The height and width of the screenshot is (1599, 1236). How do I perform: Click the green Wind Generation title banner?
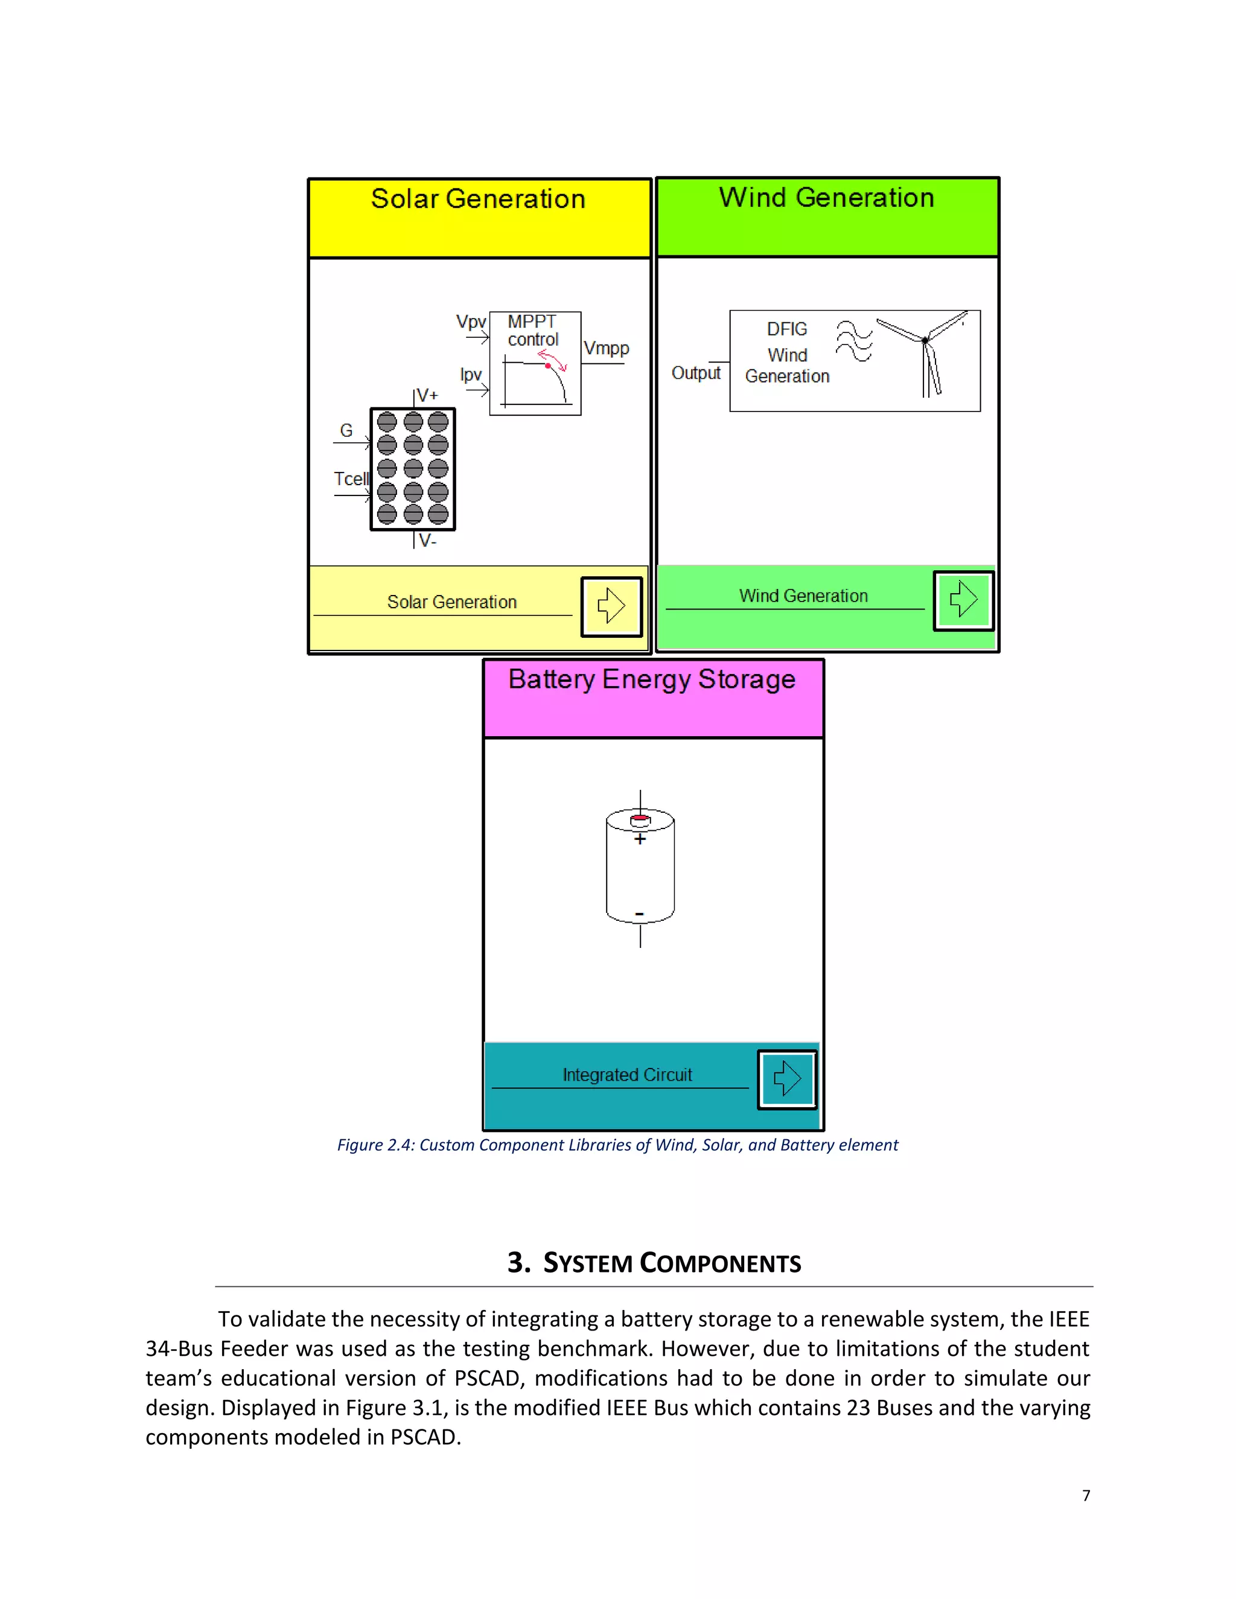(827, 217)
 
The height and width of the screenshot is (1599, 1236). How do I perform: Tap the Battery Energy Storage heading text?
(652, 679)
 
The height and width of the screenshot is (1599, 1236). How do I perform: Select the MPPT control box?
(535, 363)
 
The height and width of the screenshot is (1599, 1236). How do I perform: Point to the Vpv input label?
(470, 322)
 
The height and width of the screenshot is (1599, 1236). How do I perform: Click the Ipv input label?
(470, 375)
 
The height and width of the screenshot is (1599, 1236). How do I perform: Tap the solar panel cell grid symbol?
(412, 469)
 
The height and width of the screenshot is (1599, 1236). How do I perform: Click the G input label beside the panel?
(346, 430)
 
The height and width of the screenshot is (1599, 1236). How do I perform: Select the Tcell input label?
(351, 479)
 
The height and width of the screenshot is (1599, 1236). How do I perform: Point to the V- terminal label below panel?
(427, 541)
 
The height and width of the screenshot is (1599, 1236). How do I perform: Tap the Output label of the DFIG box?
(696, 373)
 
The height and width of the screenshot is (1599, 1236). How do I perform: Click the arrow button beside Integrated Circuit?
(786, 1079)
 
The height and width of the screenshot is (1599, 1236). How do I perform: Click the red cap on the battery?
(640, 817)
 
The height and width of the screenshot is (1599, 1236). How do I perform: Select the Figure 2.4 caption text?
(617, 1145)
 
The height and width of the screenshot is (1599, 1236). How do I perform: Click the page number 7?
(1086, 1496)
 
